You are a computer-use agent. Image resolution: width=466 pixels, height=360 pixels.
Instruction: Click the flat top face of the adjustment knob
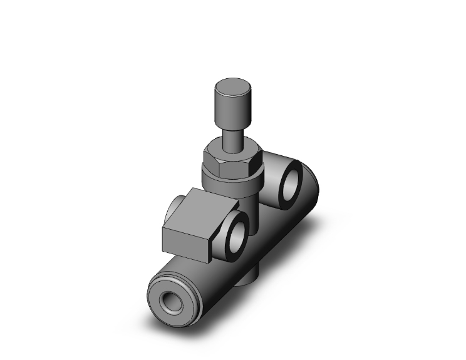click(x=232, y=86)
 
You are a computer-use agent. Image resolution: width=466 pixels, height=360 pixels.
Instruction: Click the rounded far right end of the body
click(x=317, y=188)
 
